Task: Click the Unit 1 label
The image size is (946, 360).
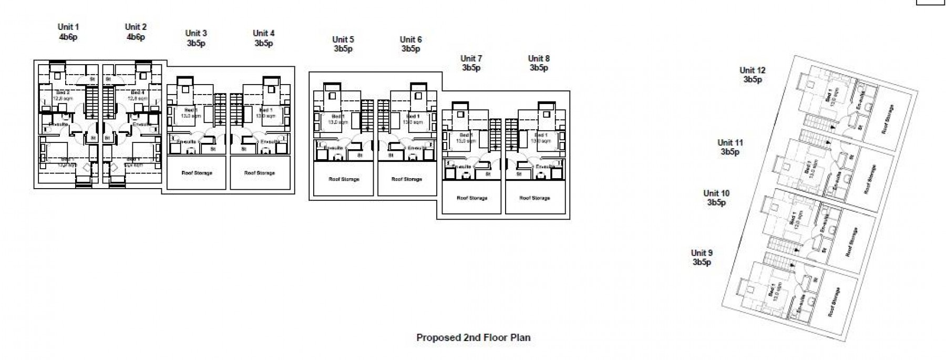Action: click(68, 27)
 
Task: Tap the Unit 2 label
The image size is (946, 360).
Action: click(136, 27)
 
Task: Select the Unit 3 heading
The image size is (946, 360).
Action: click(196, 33)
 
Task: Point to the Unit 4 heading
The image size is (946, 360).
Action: click(264, 33)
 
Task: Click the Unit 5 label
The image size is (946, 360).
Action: click(343, 39)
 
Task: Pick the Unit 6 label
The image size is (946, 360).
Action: click(410, 39)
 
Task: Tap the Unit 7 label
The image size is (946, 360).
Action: click(471, 58)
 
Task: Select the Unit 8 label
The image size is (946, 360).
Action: click(539, 58)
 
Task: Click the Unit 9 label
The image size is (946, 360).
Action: click(702, 253)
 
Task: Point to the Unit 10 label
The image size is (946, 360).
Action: click(716, 193)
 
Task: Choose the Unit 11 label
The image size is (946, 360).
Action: click(730, 142)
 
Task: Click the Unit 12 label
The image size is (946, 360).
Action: click(752, 70)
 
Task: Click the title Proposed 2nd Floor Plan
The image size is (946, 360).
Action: click(473, 337)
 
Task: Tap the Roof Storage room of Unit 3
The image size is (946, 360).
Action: click(197, 173)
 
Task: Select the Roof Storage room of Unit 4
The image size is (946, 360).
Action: click(260, 173)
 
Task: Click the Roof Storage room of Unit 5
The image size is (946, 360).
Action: click(344, 179)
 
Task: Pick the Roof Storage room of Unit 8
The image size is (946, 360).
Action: click(534, 198)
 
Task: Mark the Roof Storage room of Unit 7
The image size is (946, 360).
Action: click(471, 198)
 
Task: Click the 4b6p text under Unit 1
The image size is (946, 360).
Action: click(68, 37)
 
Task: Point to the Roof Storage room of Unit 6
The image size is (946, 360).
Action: click(407, 179)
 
